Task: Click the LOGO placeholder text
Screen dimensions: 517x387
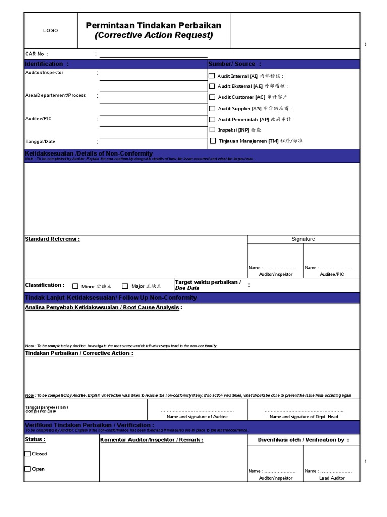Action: tap(50, 31)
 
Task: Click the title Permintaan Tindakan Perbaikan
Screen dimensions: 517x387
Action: tap(153, 25)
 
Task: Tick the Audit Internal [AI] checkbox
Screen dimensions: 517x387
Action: tap(212, 76)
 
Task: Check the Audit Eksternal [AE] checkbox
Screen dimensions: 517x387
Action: tap(212, 86)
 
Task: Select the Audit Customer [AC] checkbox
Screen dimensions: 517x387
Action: tap(212, 97)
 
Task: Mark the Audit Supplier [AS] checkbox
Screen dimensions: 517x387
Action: tap(212, 108)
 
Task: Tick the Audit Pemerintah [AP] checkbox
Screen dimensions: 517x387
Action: tap(212, 119)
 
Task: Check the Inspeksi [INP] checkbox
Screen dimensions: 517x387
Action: tap(212, 130)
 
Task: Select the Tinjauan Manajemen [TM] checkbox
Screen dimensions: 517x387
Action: tap(213, 141)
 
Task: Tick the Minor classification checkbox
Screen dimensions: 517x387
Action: tap(75, 286)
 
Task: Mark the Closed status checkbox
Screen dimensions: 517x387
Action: tap(27, 454)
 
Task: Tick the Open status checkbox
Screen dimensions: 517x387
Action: tap(27, 469)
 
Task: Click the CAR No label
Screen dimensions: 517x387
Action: tap(37, 54)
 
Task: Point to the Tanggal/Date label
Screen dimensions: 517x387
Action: tap(40, 142)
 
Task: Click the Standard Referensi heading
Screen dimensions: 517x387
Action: tap(52, 239)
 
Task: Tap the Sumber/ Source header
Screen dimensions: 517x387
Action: tap(234, 64)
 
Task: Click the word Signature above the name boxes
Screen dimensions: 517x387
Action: tap(303, 239)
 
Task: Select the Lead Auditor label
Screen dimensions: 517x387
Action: tap(332, 478)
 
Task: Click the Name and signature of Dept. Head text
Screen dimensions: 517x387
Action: tap(303, 417)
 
